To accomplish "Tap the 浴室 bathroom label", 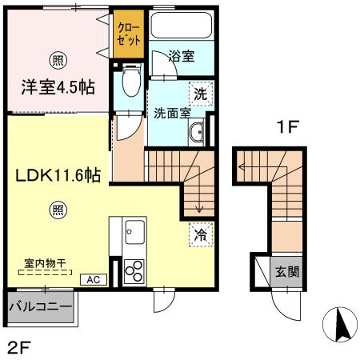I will coord(182,57).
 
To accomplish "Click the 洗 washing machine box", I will coord(202,94).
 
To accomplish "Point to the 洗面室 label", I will coord(172,113).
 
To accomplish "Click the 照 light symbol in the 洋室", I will coord(58,58).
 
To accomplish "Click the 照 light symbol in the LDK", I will coord(58,210).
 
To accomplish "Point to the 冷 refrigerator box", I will coord(200,236).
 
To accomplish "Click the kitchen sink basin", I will coord(132,234).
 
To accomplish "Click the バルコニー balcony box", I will coord(40,306).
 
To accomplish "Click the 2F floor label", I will coord(21,346).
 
